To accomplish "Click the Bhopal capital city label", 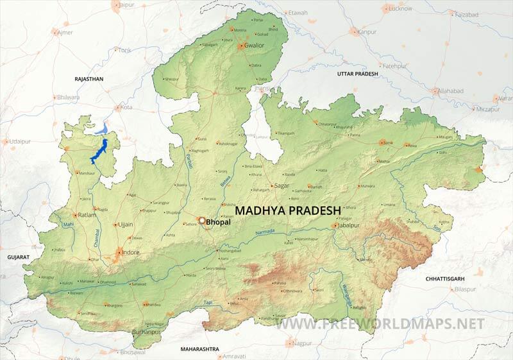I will [219, 222].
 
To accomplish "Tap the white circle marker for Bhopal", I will [203, 221].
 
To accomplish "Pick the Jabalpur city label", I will [353, 225].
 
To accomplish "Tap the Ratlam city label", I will [88, 215].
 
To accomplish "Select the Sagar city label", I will [282, 185].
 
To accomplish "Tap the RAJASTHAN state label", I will [88, 79].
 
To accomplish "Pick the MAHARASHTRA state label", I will [200, 349].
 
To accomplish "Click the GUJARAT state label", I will [18, 257].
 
